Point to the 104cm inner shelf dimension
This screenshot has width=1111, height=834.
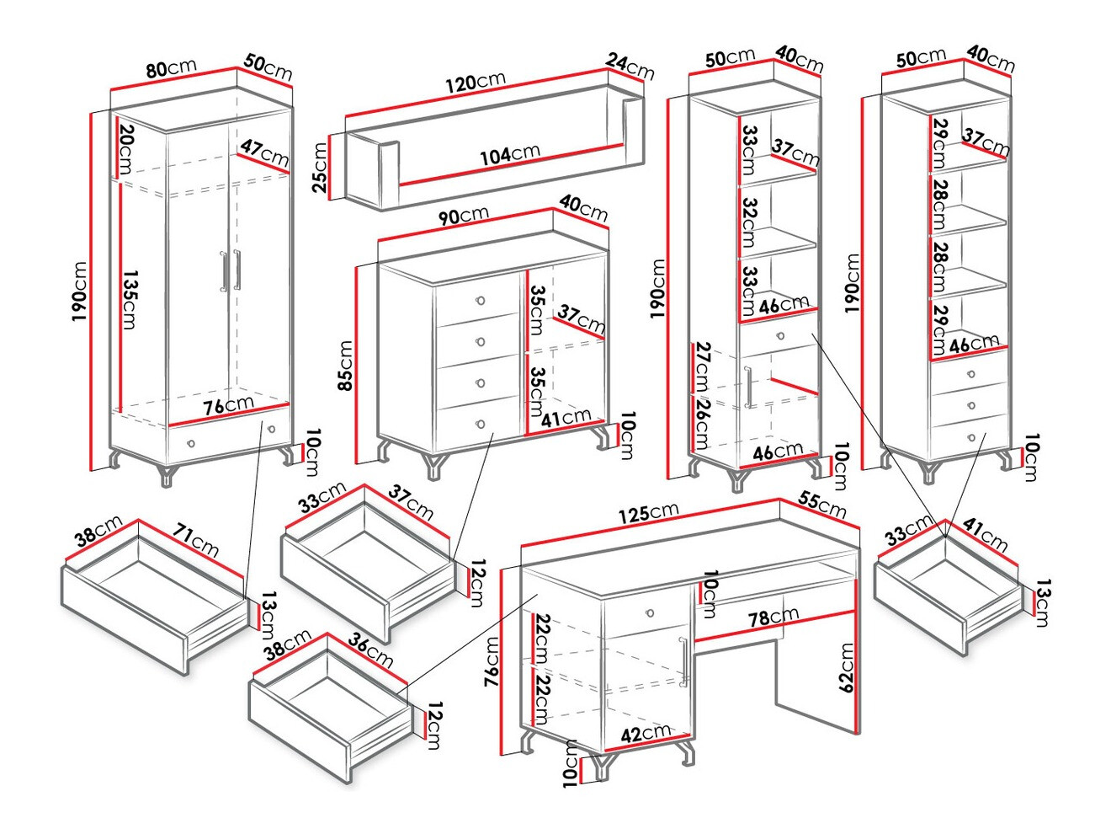(510, 155)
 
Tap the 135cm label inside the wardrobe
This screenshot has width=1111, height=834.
(128, 299)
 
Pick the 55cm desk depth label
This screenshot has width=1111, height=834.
(822, 504)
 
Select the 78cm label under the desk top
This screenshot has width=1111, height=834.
(773, 617)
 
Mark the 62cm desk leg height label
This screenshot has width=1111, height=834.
(846, 667)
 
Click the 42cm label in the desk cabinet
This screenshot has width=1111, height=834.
(646, 734)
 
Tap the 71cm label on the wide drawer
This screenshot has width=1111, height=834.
(196, 540)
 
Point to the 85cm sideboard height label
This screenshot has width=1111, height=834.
(345, 366)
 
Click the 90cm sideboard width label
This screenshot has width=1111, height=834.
(463, 217)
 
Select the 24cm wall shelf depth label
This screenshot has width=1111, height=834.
(630, 67)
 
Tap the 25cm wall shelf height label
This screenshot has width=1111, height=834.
(320, 168)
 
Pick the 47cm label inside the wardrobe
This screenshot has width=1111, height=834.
(264, 153)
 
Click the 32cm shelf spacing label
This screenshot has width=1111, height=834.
(750, 221)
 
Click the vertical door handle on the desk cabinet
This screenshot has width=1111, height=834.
(685, 660)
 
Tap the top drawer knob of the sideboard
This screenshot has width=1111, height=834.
(481, 301)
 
